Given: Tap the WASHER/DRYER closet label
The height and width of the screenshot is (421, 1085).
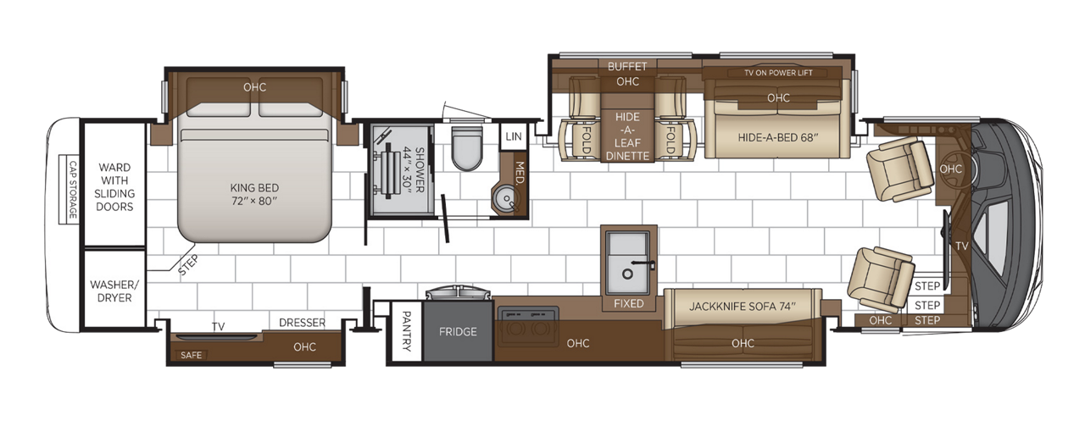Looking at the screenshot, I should tap(111, 291).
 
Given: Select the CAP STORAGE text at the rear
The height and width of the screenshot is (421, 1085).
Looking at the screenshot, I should tap(73, 191).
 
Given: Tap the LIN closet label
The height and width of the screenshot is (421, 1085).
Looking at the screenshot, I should tap(513, 136).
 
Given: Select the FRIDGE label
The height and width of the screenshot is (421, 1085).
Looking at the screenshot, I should tap(458, 332).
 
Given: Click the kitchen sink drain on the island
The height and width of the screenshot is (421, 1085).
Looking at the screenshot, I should tap(628, 274).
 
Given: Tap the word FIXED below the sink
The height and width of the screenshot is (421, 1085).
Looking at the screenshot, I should tap(628, 303).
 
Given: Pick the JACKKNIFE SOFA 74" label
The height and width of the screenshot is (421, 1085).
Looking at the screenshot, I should tap(743, 306).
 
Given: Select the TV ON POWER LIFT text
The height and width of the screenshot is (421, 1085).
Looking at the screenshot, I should tap(778, 73).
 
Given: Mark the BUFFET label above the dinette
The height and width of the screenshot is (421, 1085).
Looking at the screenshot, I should tap(627, 66).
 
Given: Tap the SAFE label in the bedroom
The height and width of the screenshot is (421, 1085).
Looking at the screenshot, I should tap(192, 355).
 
